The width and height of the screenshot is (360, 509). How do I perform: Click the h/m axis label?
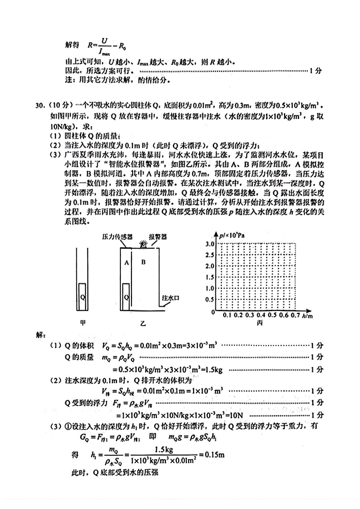pyautogui.click(x=306, y=315)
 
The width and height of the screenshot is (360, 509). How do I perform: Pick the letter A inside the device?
pyautogui.click(x=126, y=262)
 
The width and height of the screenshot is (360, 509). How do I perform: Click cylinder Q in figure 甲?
pyautogui.click(x=82, y=297)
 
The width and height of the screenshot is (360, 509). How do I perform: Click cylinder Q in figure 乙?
pyautogui.click(x=127, y=297)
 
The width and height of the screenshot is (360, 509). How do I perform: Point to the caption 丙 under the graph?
pyautogui.click(x=259, y=324)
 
